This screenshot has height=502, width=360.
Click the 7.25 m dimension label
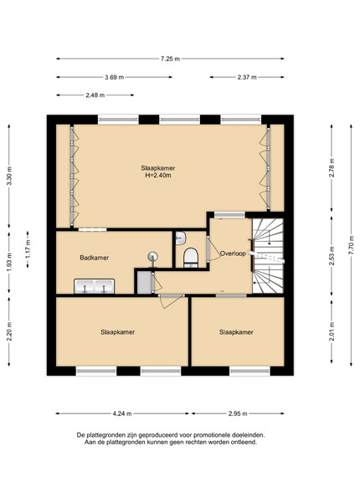tap(170, 59)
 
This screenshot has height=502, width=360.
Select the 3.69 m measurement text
tap(115, 77)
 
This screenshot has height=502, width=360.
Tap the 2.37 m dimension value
tap(247, 77)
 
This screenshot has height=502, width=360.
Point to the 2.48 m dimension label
tap(95, 95)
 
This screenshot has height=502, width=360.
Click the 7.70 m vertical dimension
tap(352, 245)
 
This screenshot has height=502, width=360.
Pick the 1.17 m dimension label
tap(28, 249)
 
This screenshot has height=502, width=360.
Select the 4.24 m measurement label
tap(122, 413)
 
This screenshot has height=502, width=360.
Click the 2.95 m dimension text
tap(238, 413)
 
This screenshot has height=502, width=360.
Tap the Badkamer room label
tap(94, 258)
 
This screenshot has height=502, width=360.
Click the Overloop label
tap(233, 254)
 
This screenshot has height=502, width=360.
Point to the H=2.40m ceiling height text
tap(158, 175)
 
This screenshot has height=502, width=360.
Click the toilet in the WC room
tap(191, 258)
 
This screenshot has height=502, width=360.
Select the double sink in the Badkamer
tap(95, 286)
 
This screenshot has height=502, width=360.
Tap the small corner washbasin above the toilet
tap(181, 238)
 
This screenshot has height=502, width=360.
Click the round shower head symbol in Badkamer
tap(152, 256)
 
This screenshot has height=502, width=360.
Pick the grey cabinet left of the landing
tap(144, 282)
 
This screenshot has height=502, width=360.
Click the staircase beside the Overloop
tap(268, 255)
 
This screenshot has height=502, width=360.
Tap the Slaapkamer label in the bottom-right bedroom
tap(236, 332)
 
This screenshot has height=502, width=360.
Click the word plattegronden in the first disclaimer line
tap(104, 435)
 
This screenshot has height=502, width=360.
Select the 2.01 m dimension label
tap(332, 331)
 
